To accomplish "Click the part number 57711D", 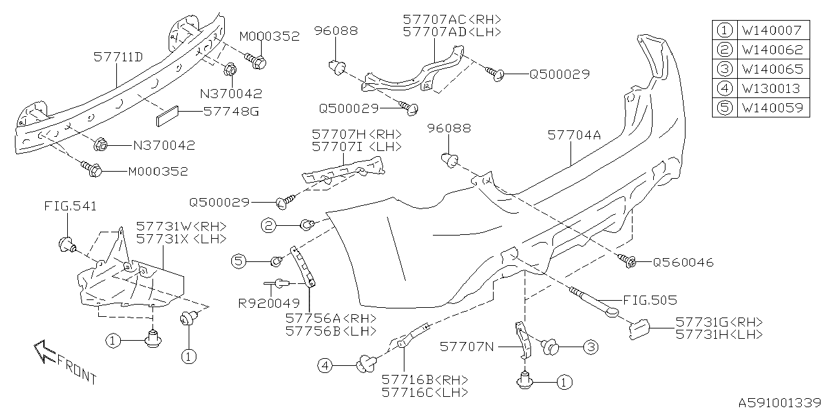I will tap(118, 57).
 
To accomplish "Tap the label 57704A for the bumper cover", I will tap(574, 135).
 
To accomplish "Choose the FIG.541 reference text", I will tap(70, 206).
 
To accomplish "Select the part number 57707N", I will tap(467, 347).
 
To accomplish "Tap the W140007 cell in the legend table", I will tap(771, 30).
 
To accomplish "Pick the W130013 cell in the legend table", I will tap(771, 88).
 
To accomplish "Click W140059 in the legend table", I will tap(771, 108).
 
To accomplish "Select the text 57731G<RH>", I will tap(719, 321).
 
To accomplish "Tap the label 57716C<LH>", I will tap(424, 392).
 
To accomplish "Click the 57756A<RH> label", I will tap(330, 318).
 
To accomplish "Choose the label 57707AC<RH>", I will tap(452, 19).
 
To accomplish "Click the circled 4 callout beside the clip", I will tap(325, 366).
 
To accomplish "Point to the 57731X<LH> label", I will tap(181, 238).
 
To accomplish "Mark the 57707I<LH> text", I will tap(356, 147).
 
